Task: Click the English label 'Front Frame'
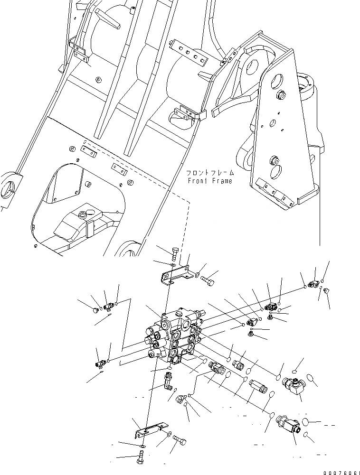(x=210, y=181)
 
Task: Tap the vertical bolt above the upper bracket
(x=174, y=253)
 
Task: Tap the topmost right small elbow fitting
(x=313, y=284)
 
